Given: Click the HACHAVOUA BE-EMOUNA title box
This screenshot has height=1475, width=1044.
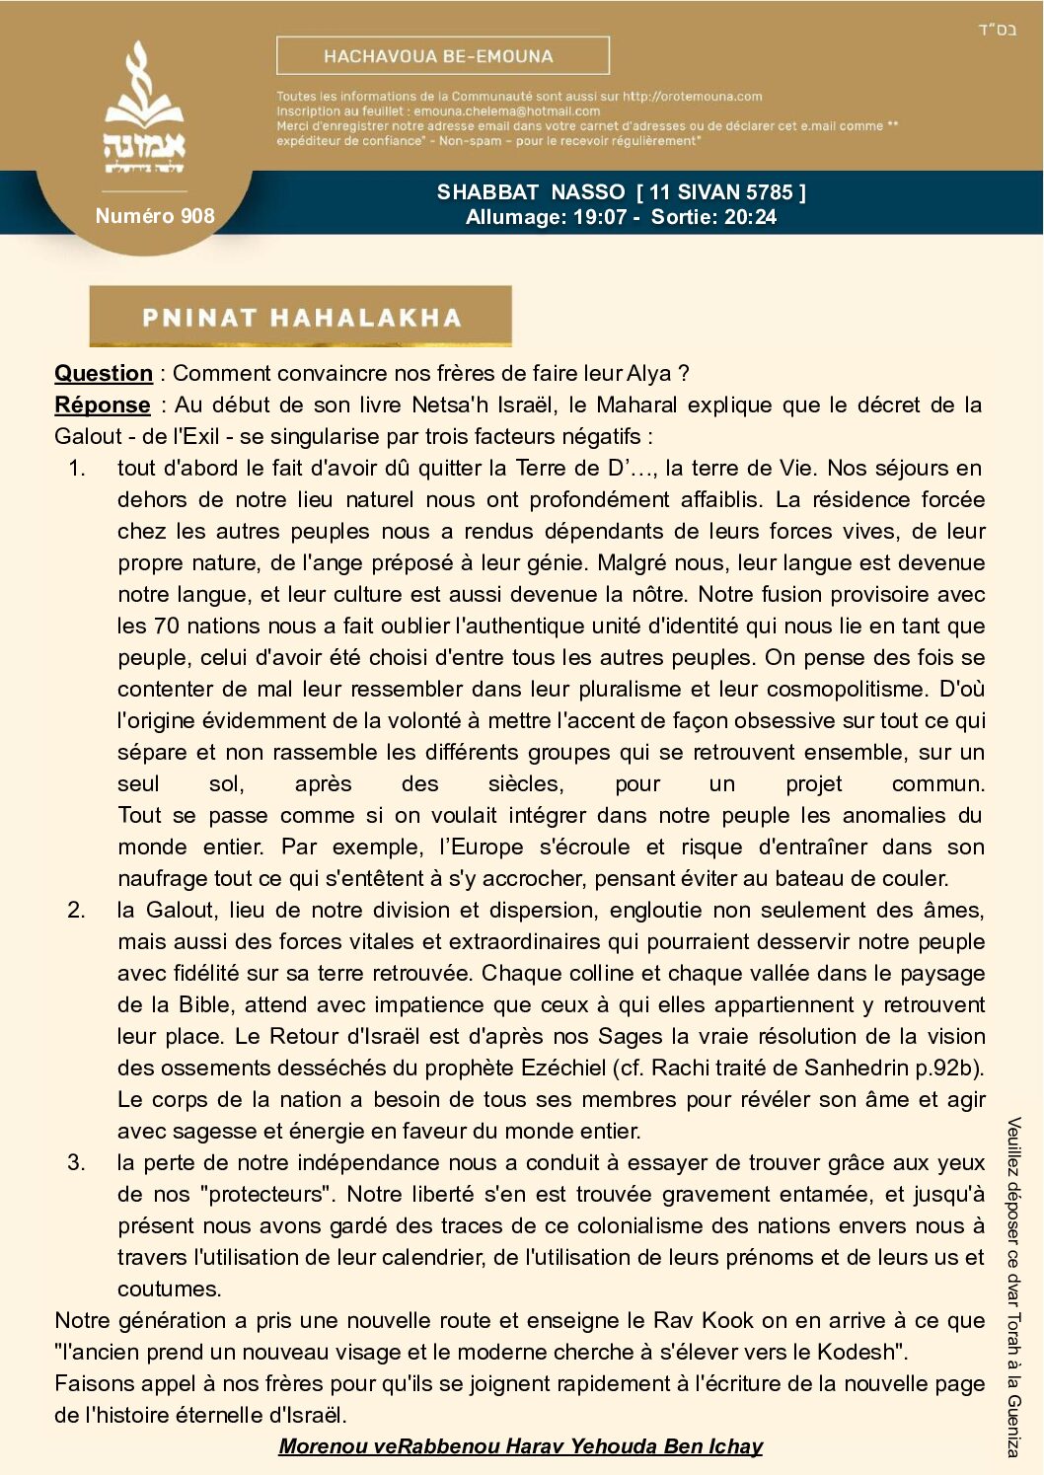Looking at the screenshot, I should [442, 56].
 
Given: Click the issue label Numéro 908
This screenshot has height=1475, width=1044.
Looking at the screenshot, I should [155, 216].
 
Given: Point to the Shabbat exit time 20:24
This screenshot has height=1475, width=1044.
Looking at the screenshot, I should [749, 217].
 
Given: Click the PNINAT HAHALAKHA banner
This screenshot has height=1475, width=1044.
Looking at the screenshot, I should [301, 317].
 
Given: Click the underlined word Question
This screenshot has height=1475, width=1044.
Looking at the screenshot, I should [104, 373].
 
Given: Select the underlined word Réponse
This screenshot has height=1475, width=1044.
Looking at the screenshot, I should [103, 405].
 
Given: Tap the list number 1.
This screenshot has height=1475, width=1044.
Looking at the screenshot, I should [77, 468].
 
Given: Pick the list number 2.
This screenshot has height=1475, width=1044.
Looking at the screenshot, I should [77, 910].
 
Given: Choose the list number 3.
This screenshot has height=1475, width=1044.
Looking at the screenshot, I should [77, 1162].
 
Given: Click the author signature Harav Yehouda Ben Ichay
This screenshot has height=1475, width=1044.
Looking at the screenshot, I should [520, 1446].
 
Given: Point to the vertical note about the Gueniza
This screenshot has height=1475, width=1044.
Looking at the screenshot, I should [1013, 1287].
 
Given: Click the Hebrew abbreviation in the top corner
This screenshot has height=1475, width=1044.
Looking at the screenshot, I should [997, 30].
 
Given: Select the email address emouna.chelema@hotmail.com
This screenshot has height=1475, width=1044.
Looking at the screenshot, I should [506, 111].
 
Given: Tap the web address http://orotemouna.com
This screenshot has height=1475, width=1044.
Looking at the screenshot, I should [692, 97].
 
